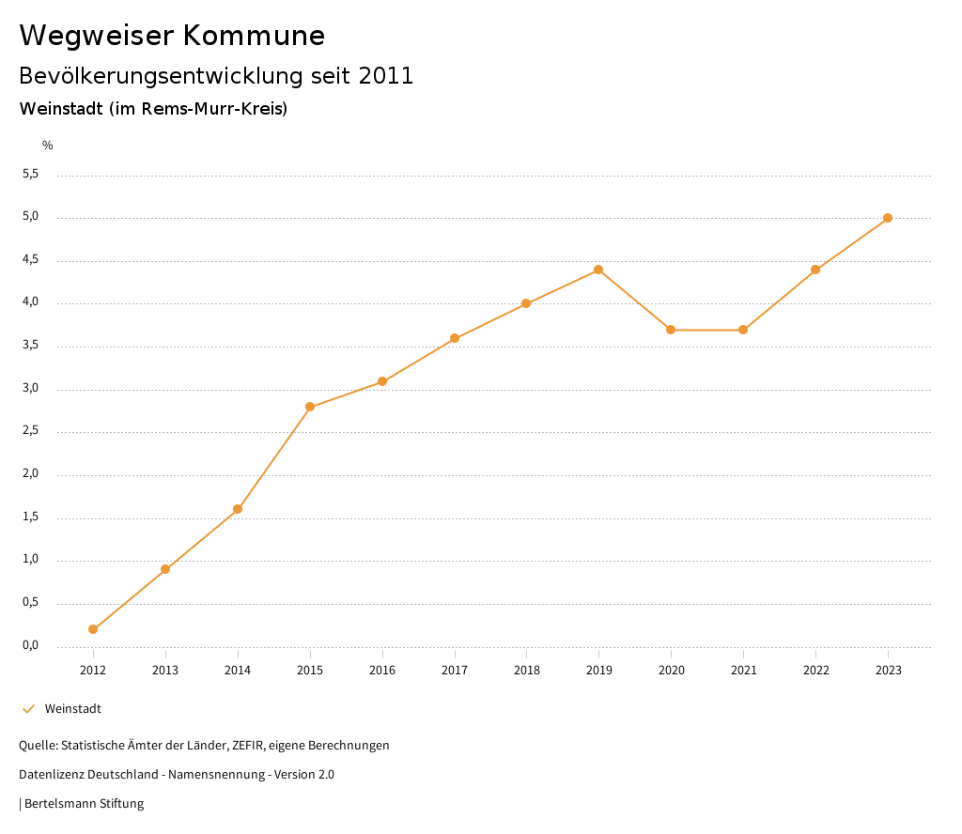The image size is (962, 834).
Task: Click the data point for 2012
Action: tap(93, 629)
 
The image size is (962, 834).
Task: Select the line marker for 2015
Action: tap(310, 407)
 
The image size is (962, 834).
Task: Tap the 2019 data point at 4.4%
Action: tap(598, 270)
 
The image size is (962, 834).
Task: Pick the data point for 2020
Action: tap(671, 330)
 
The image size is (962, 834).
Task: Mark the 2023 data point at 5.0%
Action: tap(888, 218)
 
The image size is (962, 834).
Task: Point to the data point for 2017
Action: tap(455, 338)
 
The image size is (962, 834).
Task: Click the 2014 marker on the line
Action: tap(238, 509)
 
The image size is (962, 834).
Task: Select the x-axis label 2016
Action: tap(382, 671)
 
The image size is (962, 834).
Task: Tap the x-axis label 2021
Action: tap(743, 671)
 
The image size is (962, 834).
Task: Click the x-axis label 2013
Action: tap(165, 671)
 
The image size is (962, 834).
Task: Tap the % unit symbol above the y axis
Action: tap(48, 146)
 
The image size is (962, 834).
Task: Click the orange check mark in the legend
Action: tap(28, 709)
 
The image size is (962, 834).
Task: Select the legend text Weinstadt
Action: tap(73, 709)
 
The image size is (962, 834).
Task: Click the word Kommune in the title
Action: tap(254, 36)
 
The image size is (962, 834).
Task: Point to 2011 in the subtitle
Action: tap(386, 76)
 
